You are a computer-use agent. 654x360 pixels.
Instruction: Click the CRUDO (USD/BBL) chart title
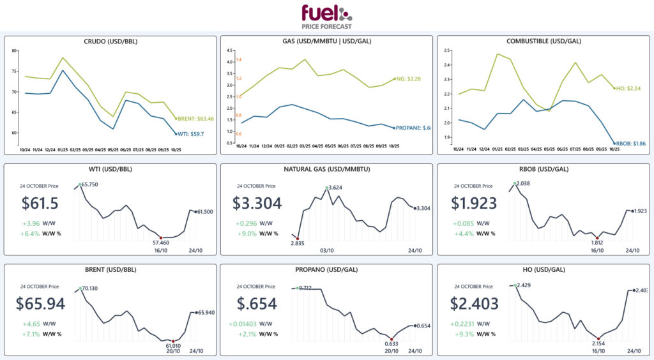pyautogui.click(x=110, y=41)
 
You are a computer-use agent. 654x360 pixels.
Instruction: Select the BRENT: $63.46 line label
pyautogui.click(x=196, y=119)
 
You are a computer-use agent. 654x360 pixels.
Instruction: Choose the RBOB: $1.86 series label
pyautogui.click(x=630, y=144)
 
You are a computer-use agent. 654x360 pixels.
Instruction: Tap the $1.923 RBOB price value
pyautogui.click(x=476, y=204)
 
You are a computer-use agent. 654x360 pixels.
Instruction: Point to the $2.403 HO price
pyautogui.click(x=476, y=303)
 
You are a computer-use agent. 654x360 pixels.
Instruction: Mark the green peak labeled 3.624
pyautogui.click(x=327, y=188)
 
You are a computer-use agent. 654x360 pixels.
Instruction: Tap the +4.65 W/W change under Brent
pyautogui.click(x=32, y=323)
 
